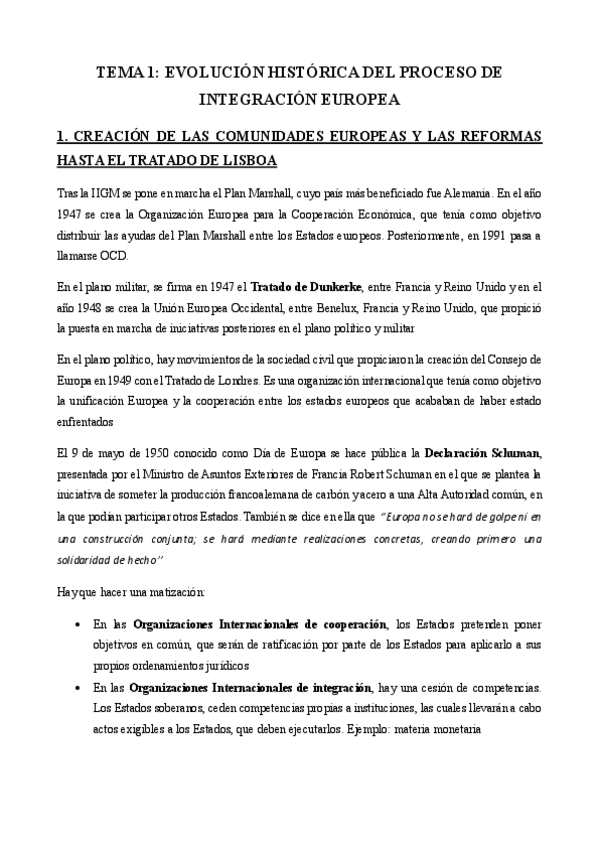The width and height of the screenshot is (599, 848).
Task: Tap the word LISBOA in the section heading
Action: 248,161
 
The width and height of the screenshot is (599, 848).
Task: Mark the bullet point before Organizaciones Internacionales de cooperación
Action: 79,625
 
